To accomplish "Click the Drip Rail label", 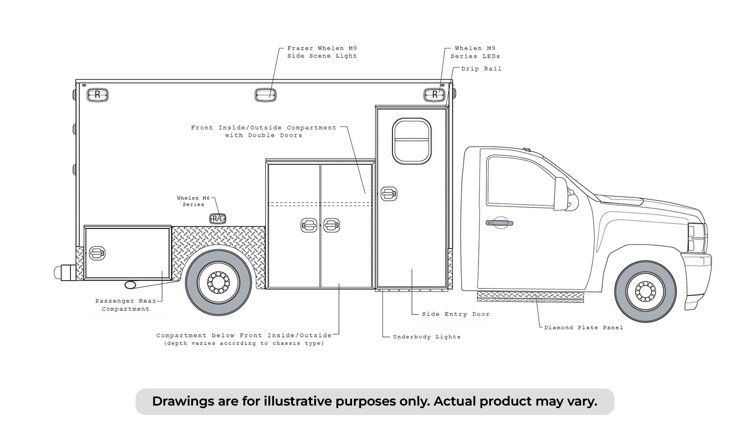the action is tap(481, 68).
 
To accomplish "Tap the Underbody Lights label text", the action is tap(426, 337).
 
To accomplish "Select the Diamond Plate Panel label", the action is tap(583, 327).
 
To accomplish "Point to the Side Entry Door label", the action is tap(455, 314).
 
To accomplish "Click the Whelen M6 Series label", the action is tap(193, 201).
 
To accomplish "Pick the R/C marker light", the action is tap(217, 218).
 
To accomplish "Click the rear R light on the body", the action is tap(97, 95).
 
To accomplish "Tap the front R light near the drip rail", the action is tap(434, 95).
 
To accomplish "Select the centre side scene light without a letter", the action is tap(265, 95).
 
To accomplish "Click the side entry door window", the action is tap(411, 141).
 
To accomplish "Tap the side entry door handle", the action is tap(388, 194).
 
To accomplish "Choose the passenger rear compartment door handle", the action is tap(97, 253).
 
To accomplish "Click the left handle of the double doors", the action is tap(308, 225).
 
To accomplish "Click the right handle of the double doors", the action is tap(331, 225).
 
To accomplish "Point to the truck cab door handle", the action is tap(499, 222).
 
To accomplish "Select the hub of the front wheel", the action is tap(645, 291).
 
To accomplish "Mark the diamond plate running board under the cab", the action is tap(530, 296).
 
